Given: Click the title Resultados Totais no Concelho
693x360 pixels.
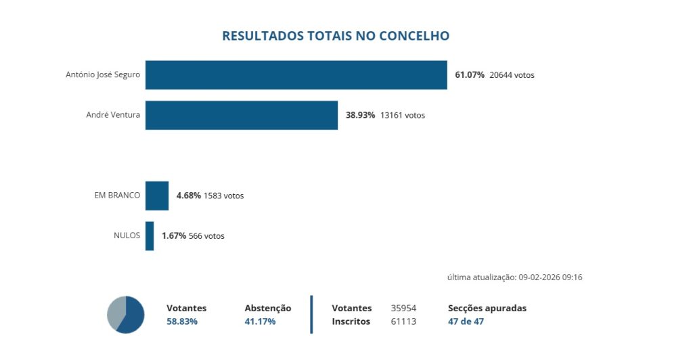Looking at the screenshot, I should [336, 36].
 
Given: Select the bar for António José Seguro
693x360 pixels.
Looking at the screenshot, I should [296, 75].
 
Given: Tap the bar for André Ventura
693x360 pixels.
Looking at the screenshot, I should [241, 115].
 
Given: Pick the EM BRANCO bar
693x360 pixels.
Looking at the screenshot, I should [157, 196].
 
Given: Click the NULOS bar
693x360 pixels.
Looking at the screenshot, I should [150, 236].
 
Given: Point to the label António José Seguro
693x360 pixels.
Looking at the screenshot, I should [103, 74].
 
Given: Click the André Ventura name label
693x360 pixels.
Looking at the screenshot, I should [113, 115].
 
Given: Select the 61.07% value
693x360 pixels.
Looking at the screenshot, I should [470, 75].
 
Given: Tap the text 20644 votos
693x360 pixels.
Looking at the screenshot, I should [512, 75].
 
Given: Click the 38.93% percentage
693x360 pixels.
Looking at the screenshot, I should [360, 115].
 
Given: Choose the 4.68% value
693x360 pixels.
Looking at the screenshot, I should [188, 196].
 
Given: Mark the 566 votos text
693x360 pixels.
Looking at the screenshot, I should [206, 236].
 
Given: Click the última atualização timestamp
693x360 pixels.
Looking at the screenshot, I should [515, 277].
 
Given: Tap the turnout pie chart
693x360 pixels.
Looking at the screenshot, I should [126, 315].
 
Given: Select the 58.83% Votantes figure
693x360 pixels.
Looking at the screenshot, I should [182, 321].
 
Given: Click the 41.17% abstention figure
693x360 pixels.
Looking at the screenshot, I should [260, 321].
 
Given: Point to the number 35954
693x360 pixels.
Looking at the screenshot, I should [403, 308].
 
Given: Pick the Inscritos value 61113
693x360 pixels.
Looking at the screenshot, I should [403, 321].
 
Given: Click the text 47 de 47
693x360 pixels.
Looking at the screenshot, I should [466, 321].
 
